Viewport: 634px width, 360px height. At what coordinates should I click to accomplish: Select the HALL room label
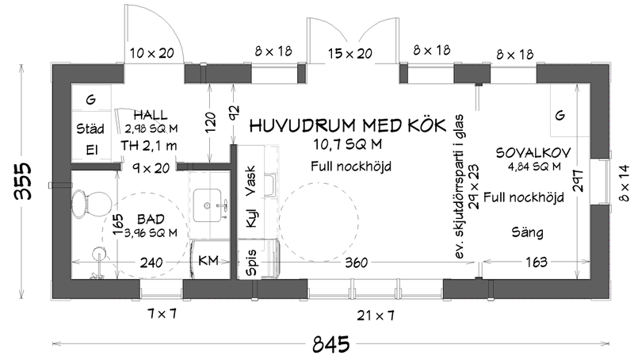point(151,114)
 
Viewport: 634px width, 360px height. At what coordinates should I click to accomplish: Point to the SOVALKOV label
point(529,151)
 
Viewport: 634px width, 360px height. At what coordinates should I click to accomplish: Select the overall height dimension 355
point(24,182)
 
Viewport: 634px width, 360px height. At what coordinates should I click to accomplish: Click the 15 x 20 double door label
point(349,53)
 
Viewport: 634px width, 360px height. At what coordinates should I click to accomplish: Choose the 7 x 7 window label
point(162,315)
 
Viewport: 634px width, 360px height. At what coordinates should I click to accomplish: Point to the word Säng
point(527,230)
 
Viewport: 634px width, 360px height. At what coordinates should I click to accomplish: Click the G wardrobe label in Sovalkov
point(560,116)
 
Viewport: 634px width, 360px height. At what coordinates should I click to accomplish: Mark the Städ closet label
point(90,127)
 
